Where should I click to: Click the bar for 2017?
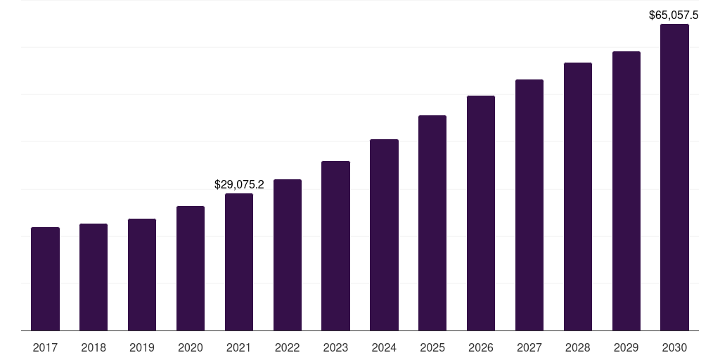[45, 278]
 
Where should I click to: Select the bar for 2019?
[142, 274]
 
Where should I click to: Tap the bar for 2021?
[239, 262]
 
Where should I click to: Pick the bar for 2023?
[335, 245]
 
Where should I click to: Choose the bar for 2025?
[432, 223]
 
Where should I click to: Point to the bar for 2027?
[529, 205]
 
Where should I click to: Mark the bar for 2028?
[578, 196]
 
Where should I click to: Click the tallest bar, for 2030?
[674, 177]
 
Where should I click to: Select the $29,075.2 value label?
[239, 185]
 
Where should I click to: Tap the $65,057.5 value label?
[674, 14]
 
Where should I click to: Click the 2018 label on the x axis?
[94, 347]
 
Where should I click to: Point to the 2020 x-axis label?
[191, 347]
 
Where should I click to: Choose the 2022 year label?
[288, 347]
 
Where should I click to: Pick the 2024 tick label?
[384, 347]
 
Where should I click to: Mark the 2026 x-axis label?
[481, 347]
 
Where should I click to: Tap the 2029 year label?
[626, 347]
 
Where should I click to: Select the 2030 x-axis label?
[674, 347]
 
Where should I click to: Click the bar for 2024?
[384, 235]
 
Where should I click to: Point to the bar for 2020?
[191, 268]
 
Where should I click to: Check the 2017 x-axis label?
[45, 347]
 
